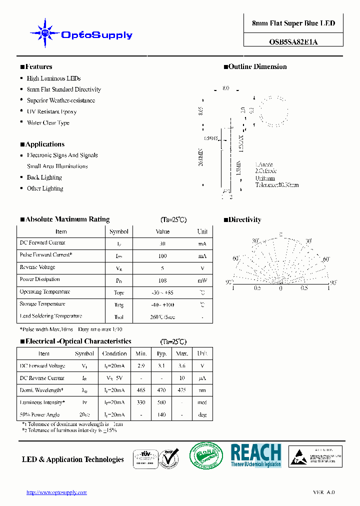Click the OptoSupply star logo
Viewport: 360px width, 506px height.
(44, 33)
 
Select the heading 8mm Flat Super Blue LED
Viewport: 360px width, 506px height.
(293, 23)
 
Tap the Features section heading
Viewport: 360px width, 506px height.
(38, 66)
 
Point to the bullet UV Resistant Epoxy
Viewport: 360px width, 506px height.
(51, 111)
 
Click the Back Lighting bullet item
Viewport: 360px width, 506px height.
(44, 177)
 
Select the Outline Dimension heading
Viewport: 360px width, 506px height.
(257, 66)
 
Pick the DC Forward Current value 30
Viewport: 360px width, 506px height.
(162, 243)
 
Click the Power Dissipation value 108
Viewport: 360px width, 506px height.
(162, 280)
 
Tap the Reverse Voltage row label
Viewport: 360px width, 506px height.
(37, 267)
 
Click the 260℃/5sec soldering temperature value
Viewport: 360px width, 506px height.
(162, 317)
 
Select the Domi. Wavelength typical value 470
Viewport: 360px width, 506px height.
(161, 390)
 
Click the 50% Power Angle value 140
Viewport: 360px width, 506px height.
(161, 415)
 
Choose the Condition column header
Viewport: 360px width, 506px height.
(114, 353)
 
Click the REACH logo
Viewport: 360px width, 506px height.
(255, 455)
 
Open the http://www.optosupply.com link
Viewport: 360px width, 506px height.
(56, 492)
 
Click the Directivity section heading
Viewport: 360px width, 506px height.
(244, 219)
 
